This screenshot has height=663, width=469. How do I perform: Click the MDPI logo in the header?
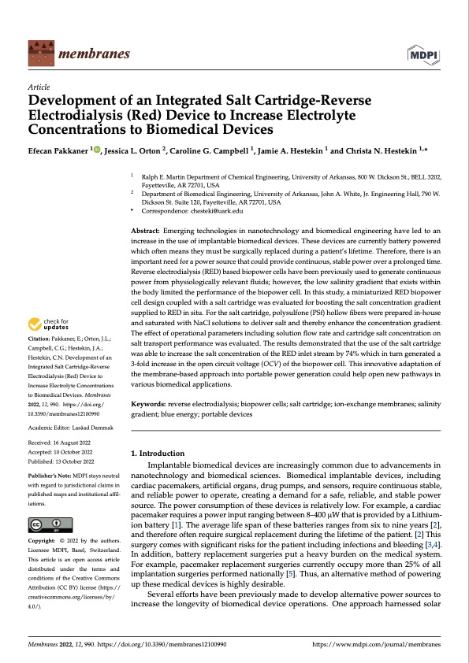(424, 54)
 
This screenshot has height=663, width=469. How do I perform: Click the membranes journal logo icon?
(39, 54)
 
